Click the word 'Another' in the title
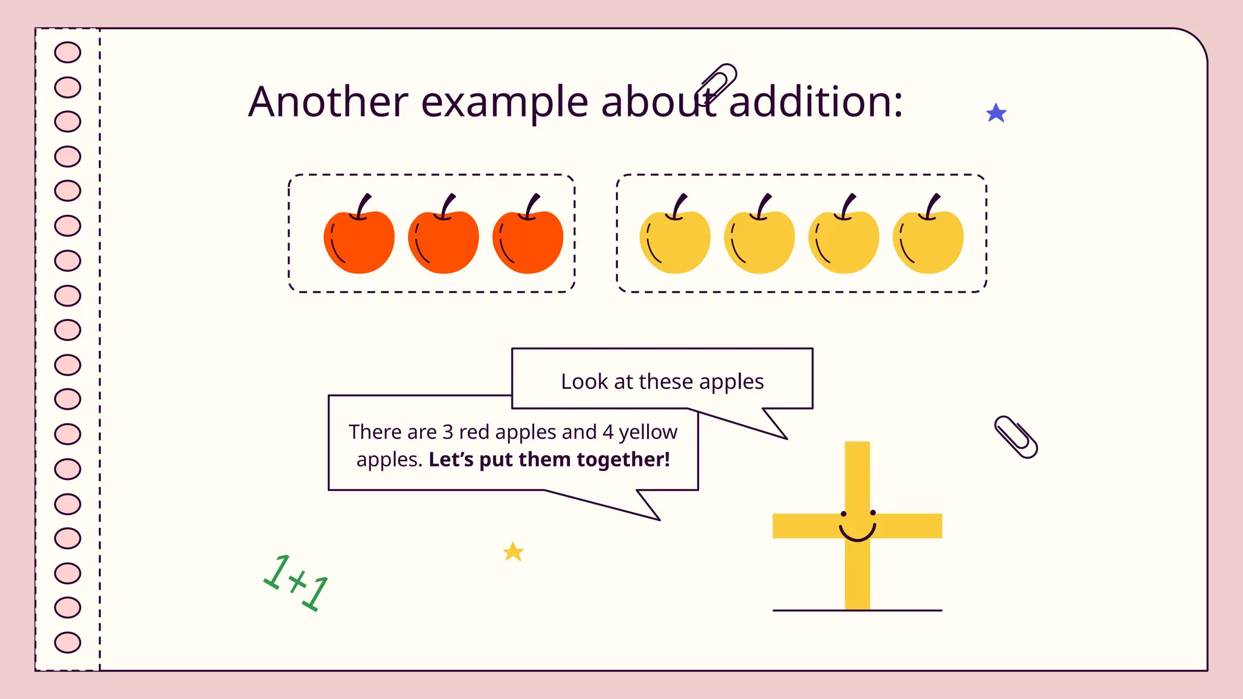[x=328, y=101]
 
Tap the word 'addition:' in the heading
[x=815, y=101]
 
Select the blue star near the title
[x=996, y=113]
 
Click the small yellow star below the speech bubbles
[x=513, y=552]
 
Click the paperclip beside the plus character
[x=1015, y=437]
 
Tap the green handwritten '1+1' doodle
[x=296, y=582]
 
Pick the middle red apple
[x=443, y=241]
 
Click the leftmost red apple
[x=359, y=241]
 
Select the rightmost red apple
[x=527, y=241]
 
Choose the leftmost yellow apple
[x=675, y=241]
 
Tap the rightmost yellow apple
[x=928, y=241]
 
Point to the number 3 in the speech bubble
[x=448, y=432]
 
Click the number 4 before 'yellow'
[x=608, y=432]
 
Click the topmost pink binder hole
[x=67, y=52]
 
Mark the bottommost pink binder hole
[x=67, y=642]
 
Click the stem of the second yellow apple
[x=763, y=205]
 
